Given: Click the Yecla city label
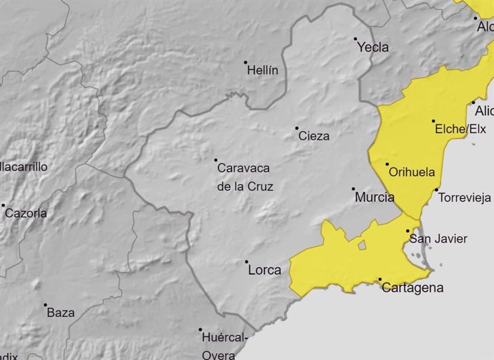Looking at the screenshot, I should click(x=373, y=47).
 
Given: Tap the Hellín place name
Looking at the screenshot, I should click(x=262, y=71).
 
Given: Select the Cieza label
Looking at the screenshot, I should click(x=314, y=136).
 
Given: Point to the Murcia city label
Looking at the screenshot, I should click(x=374, y=197).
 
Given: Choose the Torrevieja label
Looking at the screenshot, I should click(x=464, y=198).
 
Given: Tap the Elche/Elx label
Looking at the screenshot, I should click(x=459, y=130).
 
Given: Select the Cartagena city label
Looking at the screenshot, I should click(x=412, y=288).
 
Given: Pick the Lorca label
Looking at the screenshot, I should click(x=263, y=270).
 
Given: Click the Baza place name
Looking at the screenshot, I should click(x=60, y=313).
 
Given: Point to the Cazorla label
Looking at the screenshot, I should click(x=26, y=213).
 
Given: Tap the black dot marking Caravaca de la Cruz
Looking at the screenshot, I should click(x=215, y=160).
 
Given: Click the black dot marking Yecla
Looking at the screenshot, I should click(x=355, y=39).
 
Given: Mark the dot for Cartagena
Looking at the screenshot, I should click(x=380, y=280).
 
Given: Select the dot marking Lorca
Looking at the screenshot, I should click(x=247, y=262).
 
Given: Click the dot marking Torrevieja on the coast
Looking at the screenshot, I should click(x=437, y=190).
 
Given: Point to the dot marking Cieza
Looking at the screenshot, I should click(x=297, y=128).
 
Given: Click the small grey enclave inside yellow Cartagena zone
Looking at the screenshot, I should click(x=362, y=245).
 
